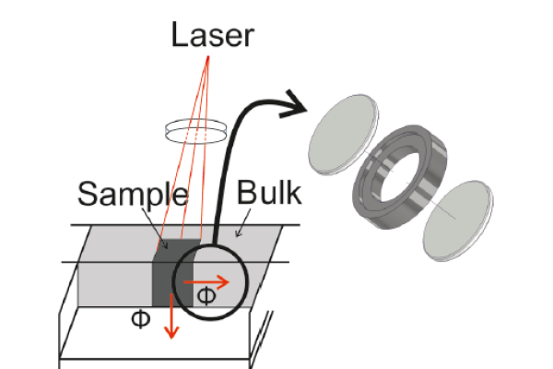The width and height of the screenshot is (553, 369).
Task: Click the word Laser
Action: tap(213, 35)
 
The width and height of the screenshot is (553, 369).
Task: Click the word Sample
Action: tap(133, 196)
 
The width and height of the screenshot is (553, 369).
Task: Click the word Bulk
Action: tap(269, 193)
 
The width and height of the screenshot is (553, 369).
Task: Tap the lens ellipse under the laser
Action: tap(195, 131)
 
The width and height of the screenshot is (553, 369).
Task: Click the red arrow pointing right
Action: tap(206, 281)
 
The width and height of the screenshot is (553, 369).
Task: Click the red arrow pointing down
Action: tap(171, 316)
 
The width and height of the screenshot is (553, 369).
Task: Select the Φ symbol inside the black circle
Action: tap(206, 296)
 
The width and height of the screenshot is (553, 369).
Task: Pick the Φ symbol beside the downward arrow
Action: tap(141, 319)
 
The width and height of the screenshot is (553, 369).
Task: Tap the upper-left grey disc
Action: tap(343, 134)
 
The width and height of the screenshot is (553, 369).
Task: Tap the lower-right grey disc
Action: tap(458, 220)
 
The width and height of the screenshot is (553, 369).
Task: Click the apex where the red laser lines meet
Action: tap(208, 56)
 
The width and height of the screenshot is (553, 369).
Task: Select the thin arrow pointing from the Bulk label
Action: tap(243, 223)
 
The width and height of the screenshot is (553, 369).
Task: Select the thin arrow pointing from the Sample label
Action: tap(155, 229)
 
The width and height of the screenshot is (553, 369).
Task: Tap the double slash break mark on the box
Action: tap(262, 334)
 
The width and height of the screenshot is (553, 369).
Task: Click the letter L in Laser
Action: tap(179, 35)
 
